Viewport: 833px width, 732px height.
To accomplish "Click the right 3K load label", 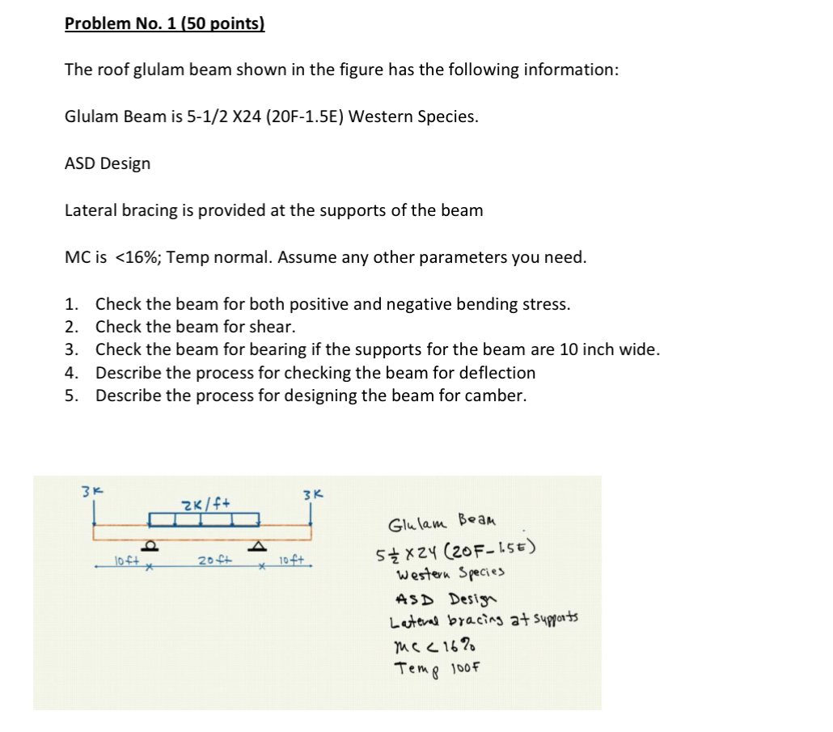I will (311, 494).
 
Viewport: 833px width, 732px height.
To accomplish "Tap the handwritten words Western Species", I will (450, 575).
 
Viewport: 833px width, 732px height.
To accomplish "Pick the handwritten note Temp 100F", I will (438, 667).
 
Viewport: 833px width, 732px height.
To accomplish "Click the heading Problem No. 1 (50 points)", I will (164, 23).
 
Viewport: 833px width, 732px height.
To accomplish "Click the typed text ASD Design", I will (108, 163).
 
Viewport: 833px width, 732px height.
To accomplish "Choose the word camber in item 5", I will (498, 396).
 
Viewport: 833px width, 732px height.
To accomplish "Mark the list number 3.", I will (72, 350).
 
